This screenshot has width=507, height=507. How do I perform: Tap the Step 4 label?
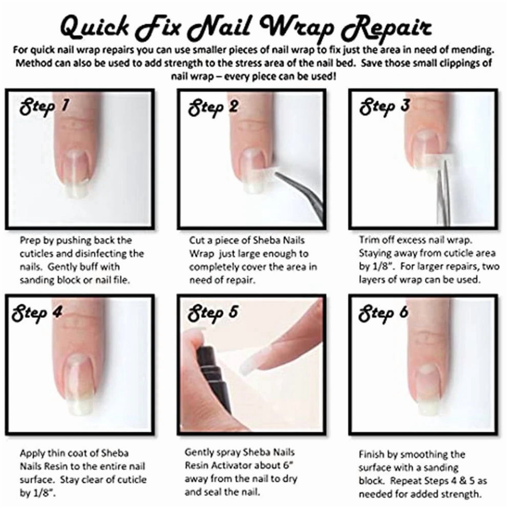click(37, 313)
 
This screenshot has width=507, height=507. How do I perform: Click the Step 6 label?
click(383, 313)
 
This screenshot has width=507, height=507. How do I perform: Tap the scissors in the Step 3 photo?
click(443, 194)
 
